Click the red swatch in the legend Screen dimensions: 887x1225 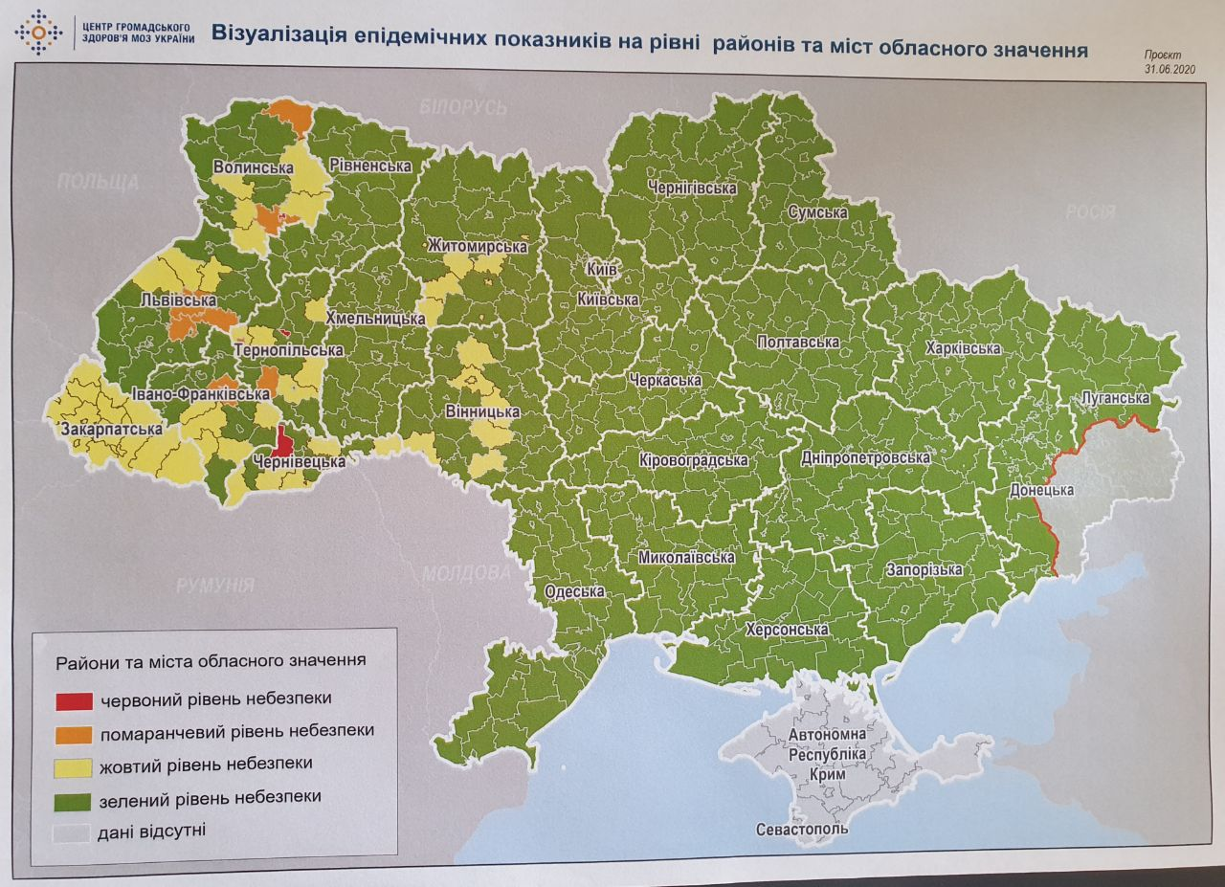coord(75,700)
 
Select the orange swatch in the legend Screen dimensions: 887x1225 coord(75,733)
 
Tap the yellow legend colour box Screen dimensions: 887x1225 coord(75,766)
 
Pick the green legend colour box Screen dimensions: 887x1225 coord(75,799)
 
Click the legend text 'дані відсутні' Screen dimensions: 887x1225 coord(151,831)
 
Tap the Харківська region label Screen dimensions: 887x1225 coord(963,348)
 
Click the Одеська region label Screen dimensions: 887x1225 coord(574,591)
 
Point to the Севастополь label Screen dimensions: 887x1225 coord(801,829)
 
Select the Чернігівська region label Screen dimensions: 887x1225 coord(691,188)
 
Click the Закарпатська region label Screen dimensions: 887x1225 coord(111,430)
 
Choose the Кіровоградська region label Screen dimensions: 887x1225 coord(693,461)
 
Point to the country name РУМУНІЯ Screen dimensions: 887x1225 coord(214,585)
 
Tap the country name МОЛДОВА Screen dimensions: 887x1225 coord(466,574)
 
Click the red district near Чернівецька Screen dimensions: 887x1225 coord(282,441)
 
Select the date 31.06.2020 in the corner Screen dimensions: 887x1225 coord(1169,70)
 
